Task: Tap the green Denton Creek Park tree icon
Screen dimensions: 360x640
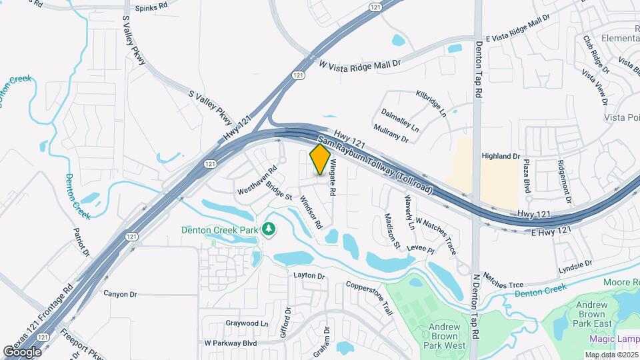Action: (x=269, y=229)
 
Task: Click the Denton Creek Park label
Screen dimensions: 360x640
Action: (x=219, y=230)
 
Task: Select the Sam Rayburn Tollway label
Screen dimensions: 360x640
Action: (x=377, y=166)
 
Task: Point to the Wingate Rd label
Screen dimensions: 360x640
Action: (x=330, y=180)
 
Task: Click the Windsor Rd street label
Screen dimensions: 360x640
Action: (x=311, y=213)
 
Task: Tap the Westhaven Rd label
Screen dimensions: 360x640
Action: (x=257, y=181)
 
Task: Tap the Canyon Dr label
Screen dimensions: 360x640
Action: (x=120, y=293)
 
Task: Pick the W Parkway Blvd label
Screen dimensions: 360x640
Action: (x=231, y=343)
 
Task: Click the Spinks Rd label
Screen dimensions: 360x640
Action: (x=151, y=9)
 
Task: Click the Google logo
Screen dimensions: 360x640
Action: (x=21, y=351)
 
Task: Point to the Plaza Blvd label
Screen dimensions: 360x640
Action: (x=527, y=176)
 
